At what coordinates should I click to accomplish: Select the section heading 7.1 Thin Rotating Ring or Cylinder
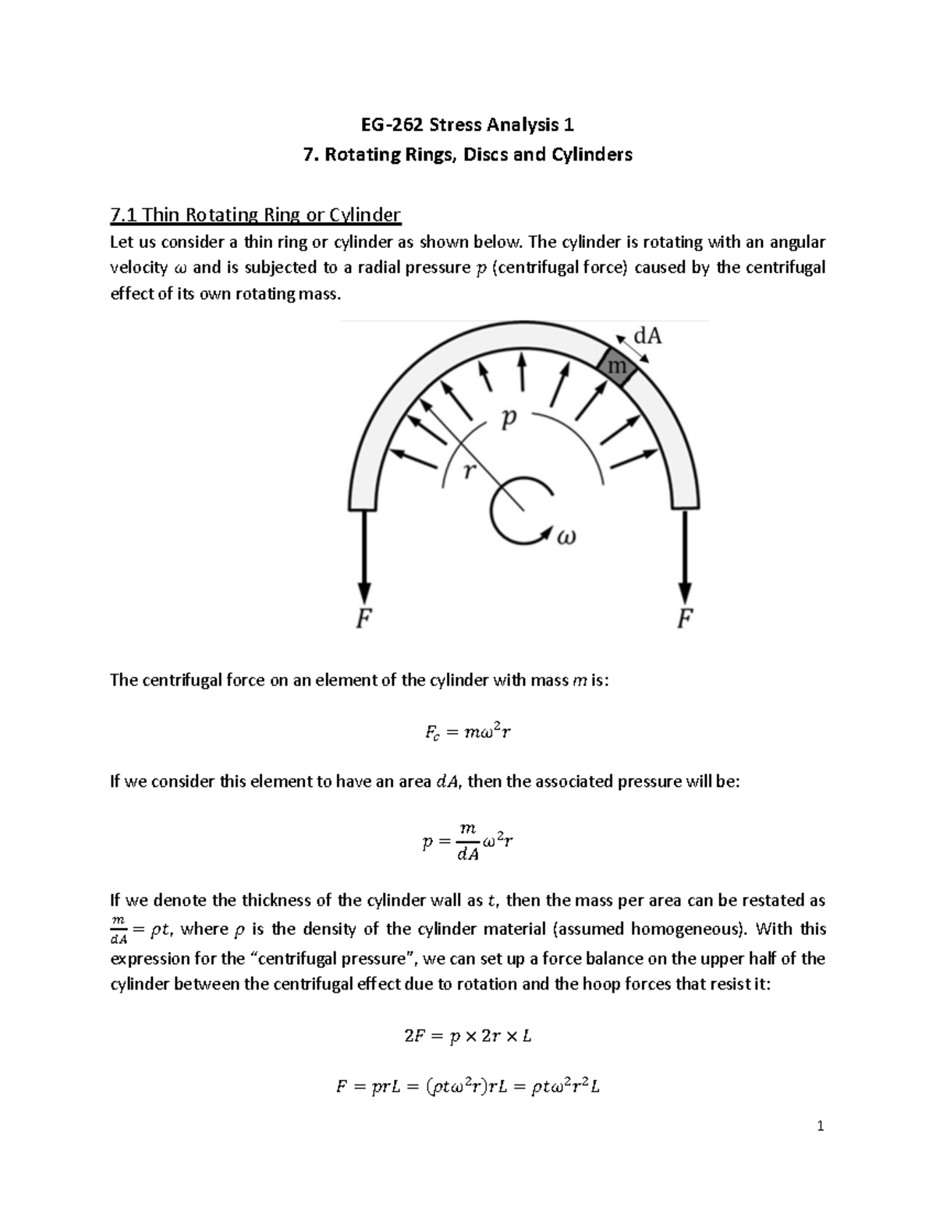pyautogui.click(x=255, y=214)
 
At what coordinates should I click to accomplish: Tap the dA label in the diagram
pyautogui.click(x=647, y=336)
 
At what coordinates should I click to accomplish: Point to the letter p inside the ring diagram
pyautogui.click(x=509, y=420)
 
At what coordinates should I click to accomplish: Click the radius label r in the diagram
pyautogui.click(x=468, y=470)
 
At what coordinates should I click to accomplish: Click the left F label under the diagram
pyautogui.click(x=363, y=618)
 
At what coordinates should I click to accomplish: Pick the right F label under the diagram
pyautogui.click(x=684, y=618)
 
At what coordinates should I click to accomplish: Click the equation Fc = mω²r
pyautogui.click(x=467, y=732)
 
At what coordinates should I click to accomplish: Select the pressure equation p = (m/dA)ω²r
pyautogui.click(x=467, y=843)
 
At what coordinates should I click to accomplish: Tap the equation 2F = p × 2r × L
pyautogui.click(x=467, y=1036)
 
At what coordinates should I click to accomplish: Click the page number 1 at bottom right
pyautogui.click(x=820, y=1126)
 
